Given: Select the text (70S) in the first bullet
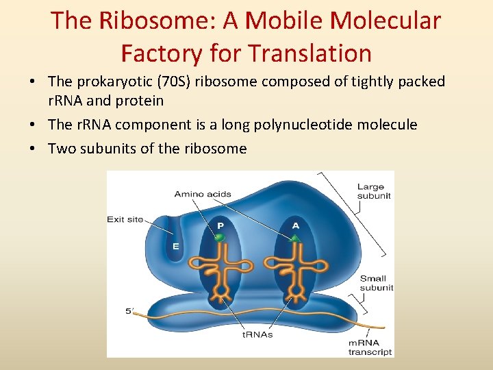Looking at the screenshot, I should click(x=176, y=82).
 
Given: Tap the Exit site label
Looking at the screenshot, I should click(x=125, y=219).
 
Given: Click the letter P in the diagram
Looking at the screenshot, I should click(x=220, y=225).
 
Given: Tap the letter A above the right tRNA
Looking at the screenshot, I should click(x=296, y=225).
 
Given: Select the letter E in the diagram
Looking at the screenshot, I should click(x=175, y=247).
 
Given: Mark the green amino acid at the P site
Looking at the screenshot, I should click(x=220, y=238).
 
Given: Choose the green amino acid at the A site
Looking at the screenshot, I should click(x=295, y=238).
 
